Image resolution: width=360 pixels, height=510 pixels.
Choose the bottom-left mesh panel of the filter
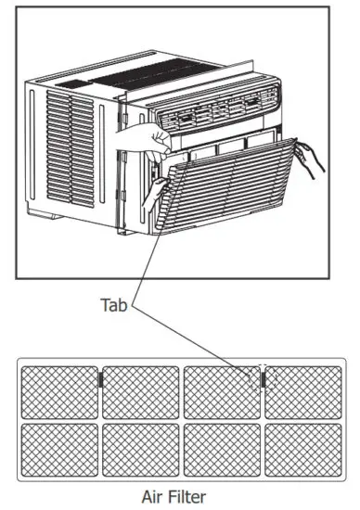pyautogui.click(x=59, y=450)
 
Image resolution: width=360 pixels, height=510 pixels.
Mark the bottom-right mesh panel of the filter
pyautogui.click(x=303, y=450)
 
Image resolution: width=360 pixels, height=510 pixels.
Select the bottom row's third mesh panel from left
pyautogui.click(x=223, y=450)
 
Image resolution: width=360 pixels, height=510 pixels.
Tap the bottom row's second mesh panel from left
pyautogui.click(x=140, y=450)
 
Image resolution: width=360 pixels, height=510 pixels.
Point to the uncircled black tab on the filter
pyautogui.click(x=100, y=378)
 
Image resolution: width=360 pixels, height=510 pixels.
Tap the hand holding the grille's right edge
pyautogui.click(x=312, y=158)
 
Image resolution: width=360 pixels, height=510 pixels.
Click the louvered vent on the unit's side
pyautogui.click(x=71, y=148)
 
